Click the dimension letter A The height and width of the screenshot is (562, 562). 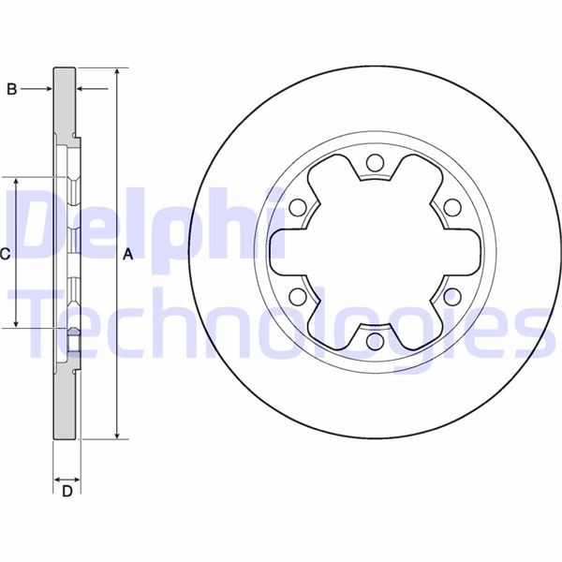(x=129, y=253)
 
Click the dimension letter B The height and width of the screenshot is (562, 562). (x=12, y=89)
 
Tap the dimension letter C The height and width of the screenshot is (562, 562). (x=5, y=253)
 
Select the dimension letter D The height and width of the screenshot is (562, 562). (x=67, y=493)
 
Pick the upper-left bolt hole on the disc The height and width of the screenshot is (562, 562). (x=297, y=208)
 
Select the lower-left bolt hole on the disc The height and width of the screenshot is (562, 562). (x=297, y=297)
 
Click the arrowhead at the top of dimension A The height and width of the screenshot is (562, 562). (x=116, y=72)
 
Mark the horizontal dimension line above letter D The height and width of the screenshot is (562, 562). (x=67, y=474)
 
